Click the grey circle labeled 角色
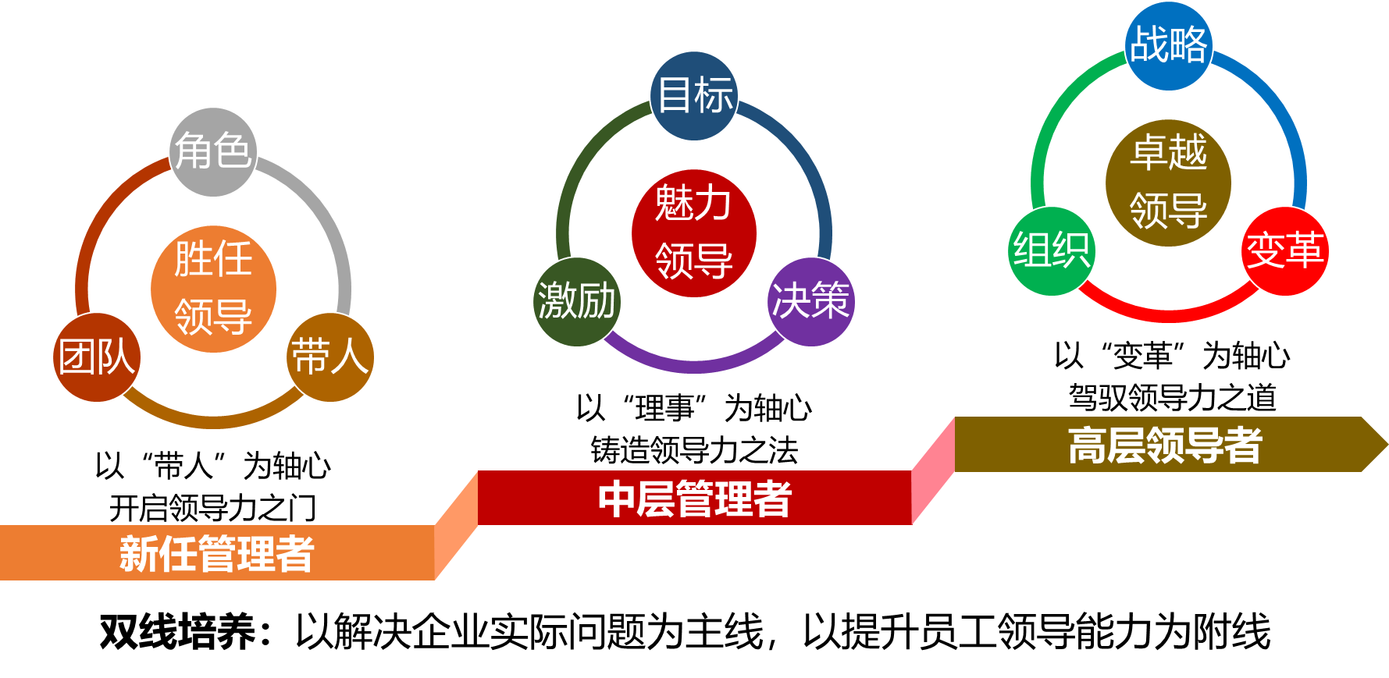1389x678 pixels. point(213,151)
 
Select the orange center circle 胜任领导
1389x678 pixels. point(213,289)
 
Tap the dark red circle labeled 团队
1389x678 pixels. point(97,357)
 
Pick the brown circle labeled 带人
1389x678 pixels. point(330,357)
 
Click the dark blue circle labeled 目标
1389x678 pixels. point(694,95)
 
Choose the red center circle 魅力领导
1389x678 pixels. point(694,233)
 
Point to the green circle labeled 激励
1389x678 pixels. point(577,301)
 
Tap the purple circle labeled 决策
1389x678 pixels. point(811,301)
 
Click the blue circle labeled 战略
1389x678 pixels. point(1169,45)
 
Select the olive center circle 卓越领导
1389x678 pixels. point(1168,183)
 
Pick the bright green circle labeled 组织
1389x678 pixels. point(1052,251)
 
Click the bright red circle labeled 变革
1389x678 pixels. point(1285,251)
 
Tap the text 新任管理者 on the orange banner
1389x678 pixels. point(216,554)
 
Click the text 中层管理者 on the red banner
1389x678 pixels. point(694,499)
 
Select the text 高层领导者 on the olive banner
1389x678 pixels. point(1164,445)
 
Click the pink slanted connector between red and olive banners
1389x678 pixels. point(933,471)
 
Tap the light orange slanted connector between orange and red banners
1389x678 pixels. point(456,526)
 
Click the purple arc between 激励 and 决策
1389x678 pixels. point(694,365)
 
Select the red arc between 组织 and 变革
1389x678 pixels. point(1169,314)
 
